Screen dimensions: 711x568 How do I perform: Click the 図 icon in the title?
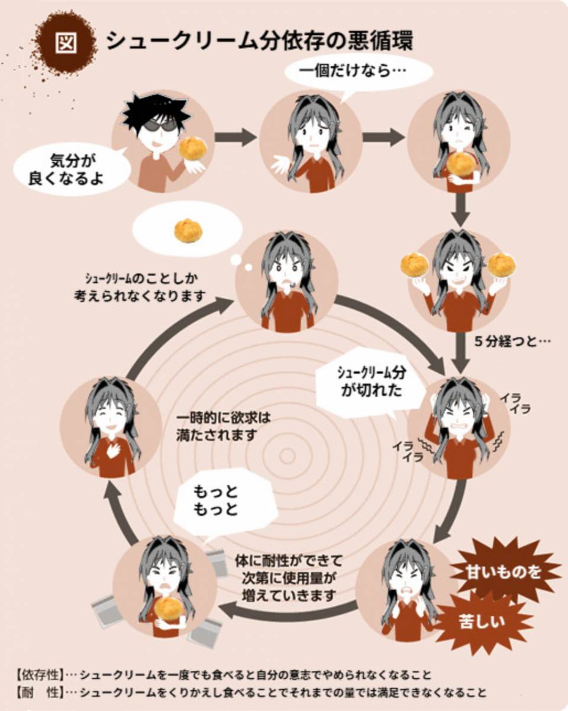point(65,43)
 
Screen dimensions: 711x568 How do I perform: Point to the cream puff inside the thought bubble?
point(188,231)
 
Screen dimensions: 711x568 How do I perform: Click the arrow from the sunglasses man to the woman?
point(235,138)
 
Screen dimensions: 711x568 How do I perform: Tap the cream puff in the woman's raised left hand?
point(414,264)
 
